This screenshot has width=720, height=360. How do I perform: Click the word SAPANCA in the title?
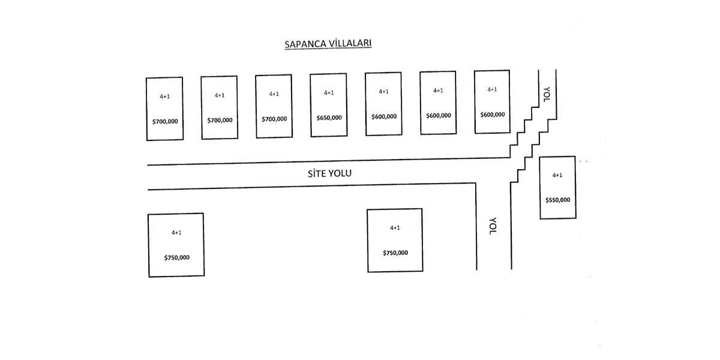(x=305, y=44)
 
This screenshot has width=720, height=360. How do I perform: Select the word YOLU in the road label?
(x=339, y=174)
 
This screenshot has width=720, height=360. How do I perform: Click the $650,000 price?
(x=329, y=118)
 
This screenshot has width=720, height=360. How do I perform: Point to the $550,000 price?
(x=558, y=200)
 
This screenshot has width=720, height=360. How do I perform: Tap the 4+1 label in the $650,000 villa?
(x=329, y=93)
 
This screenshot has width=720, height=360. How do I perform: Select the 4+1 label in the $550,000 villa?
(x=557, y=175)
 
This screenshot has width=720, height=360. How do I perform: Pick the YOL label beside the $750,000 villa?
(x=493, y=226)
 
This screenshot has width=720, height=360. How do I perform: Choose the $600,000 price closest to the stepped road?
(x=493, y=115)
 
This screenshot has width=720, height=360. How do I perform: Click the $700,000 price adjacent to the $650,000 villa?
(x=274, y=119)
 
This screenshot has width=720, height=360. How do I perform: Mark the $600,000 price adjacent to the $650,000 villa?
(x=384, y=116)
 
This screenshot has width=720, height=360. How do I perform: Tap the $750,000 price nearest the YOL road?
(x=395, y=253)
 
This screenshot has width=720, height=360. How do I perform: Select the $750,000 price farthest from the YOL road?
(x=177, y=257)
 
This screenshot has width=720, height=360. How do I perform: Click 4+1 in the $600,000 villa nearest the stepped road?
(x=492, y=89)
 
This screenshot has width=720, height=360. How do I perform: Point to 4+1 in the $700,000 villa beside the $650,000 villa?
(x=274, y=94)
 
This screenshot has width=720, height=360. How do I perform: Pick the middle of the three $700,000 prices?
(x=220, y=120)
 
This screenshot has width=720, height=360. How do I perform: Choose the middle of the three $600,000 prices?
(x=439, y=115)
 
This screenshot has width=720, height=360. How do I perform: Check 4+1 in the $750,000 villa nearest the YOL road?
(x=395, y=228)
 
